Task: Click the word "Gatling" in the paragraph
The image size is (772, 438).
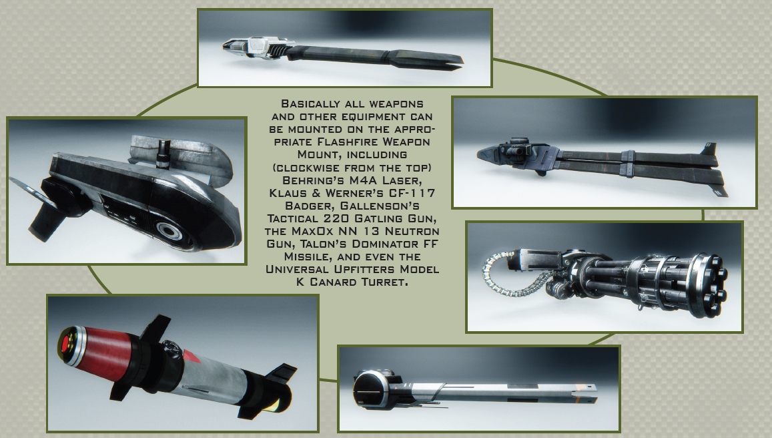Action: pyautogui.click(x=378, y=218)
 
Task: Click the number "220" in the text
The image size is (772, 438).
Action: pyautogui.click(x=336, y=218)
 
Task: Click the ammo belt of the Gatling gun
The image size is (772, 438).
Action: pyautogui.click(x=512, y=278)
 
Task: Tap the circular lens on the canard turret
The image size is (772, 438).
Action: pyautogui.click(x=169, y=230)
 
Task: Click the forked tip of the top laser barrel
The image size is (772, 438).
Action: pyautogui.click(x=448, y=61)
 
